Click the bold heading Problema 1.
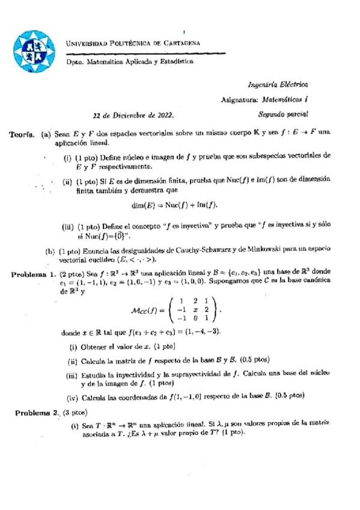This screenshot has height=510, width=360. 35,274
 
